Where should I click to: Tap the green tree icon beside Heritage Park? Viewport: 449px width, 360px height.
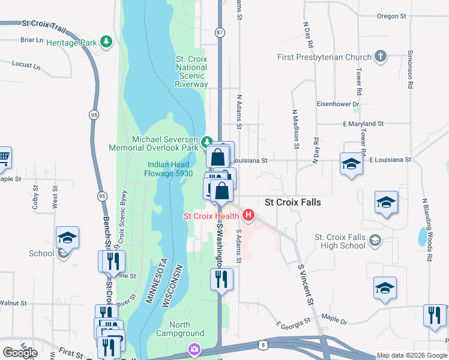(106, 41)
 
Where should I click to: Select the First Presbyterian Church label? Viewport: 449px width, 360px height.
(324, 58)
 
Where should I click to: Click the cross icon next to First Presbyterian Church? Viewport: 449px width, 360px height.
(379, 57)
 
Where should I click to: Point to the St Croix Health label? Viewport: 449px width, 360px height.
(211, 216)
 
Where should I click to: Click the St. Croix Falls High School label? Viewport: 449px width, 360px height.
(340, 242)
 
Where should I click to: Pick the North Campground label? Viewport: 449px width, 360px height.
(180, 329)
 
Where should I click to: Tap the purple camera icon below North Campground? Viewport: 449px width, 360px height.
(194, 349)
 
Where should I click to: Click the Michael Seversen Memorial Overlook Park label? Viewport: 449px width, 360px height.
(157, 143)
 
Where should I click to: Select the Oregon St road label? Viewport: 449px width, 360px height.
(392, 16)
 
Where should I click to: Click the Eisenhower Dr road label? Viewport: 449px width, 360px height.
(337, 104)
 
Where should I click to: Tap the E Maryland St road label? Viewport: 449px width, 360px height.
(363, 124)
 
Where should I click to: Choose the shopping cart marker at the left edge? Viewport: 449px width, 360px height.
(4, 158)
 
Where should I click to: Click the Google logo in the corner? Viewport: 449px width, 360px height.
(20, 353)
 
